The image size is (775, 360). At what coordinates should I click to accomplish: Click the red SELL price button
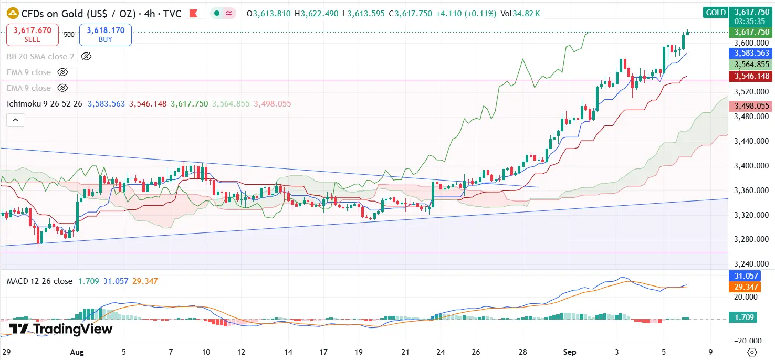[x=29, y=35]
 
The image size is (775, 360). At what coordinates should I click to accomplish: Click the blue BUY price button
[x=105, y=35]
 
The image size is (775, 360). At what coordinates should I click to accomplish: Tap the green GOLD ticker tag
[x=716, y=12]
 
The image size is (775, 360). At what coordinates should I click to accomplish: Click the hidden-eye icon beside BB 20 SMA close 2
[x=87, y=56]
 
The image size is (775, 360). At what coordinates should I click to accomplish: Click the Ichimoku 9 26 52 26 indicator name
[x=44, y=104]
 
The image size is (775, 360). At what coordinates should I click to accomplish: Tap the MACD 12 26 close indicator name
[x=39, y=281]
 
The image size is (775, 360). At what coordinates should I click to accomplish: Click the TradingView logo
[x=60, y=329]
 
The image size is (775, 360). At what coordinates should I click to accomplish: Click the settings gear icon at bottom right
[x=752, y=352]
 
